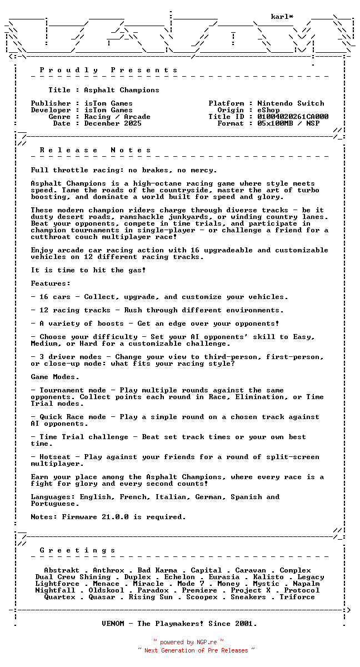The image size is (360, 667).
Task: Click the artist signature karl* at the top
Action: coord(282,17)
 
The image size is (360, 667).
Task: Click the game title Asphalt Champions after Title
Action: coord(122,90)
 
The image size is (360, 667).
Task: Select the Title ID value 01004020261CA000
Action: coord(293,117)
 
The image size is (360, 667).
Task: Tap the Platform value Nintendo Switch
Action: coord(291,103)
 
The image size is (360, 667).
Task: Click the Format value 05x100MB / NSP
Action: coord(288,123)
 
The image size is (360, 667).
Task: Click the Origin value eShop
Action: coord(269,110)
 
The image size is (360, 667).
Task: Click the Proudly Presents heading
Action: coord(109,70)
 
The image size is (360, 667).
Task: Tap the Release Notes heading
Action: coord(96,150)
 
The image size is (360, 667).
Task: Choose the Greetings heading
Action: coord(78,550)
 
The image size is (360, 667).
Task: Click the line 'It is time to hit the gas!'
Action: coord(88,270)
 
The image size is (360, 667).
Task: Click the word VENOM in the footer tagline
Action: coord(115,624)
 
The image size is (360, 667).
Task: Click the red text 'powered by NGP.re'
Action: coord(188,642)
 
